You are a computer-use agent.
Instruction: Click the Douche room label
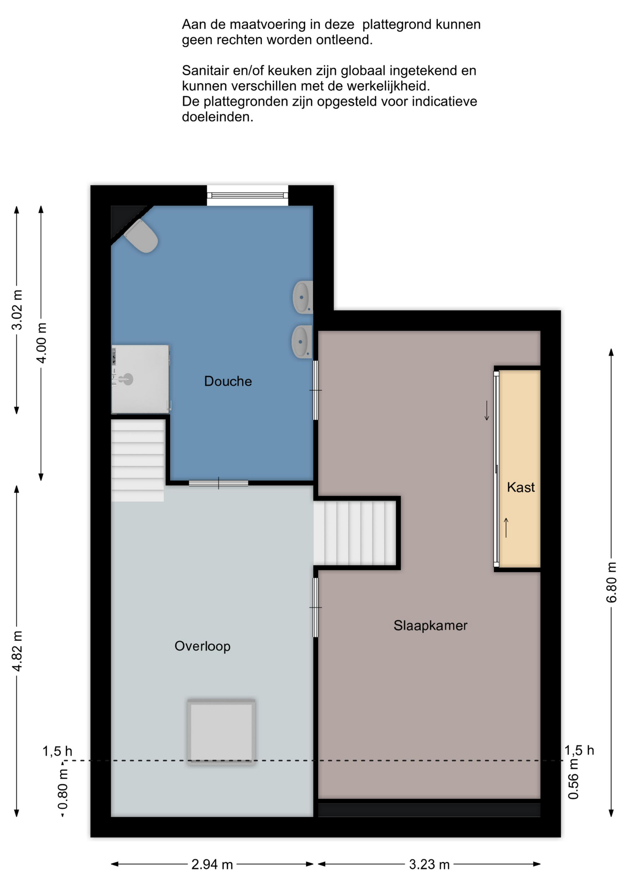[228, 381]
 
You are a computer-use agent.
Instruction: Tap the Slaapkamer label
[431, 626]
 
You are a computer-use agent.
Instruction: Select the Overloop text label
[203, 646]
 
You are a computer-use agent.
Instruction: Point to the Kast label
[521, 487]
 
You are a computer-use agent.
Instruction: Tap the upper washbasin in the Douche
[302, 297]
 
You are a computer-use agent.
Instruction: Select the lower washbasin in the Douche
[302, 342]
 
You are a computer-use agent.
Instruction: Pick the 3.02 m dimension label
[17, 310]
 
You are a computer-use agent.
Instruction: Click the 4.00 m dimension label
[41, 343]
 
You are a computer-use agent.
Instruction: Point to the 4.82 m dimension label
[17, 651]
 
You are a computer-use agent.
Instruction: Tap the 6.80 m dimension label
[611, 583]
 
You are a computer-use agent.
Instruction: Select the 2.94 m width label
[212, 864]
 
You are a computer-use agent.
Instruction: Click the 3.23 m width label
[429, 864]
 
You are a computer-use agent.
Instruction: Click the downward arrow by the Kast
[486, 411]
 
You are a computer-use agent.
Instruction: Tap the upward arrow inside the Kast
[506, 528]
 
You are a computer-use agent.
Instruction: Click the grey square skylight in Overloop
[222, 732]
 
